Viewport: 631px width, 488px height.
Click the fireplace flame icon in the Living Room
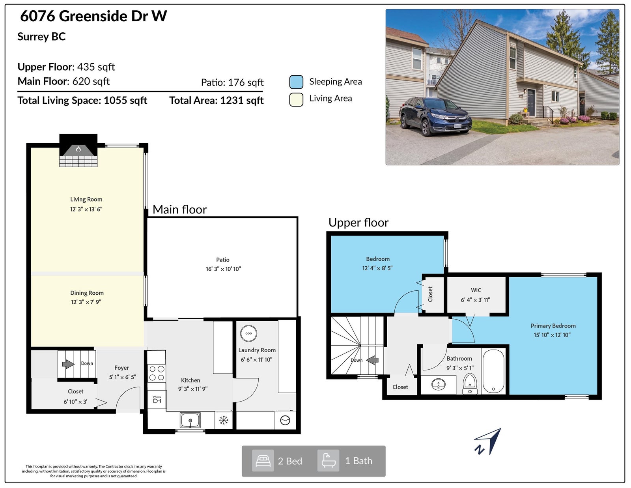pos(78,149)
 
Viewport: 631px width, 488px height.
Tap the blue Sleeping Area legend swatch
pos(296,82)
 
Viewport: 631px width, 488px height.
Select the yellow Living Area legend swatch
pos(296,99)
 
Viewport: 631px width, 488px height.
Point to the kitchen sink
pos(190,420)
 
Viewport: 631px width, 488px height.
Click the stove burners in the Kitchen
pos(157,373)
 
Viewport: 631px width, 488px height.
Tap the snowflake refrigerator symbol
pos(224,420)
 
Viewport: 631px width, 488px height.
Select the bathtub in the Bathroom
pos(493,371)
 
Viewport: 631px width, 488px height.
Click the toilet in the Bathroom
pos(470,383)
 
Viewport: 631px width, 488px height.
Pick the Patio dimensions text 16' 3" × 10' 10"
pos(223,269)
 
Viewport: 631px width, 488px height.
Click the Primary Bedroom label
pos(553,326)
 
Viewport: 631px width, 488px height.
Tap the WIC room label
pos(476,290)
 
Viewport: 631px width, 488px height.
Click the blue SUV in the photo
pos(435,116)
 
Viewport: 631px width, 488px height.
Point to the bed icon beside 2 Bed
pos(263,461)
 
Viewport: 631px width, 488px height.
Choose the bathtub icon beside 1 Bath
pos(329,461)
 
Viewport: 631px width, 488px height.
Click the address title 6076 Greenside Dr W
pos(93,16)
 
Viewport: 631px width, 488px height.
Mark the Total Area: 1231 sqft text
pos(217,101)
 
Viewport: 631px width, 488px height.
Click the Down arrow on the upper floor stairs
pos(372,360)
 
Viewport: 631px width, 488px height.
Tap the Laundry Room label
pos(257,350)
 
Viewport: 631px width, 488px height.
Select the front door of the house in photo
pos(531,103)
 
